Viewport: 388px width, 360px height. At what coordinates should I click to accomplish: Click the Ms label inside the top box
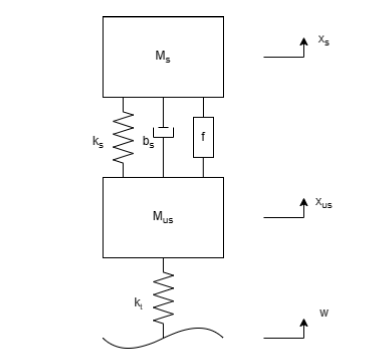(x=163, y=56)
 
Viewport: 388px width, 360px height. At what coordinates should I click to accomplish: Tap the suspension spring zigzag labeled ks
(x=123, y=136)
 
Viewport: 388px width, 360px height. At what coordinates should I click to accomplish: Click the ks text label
(x=98, y=142)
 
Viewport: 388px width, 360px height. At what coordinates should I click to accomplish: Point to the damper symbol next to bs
(x=163, y=131)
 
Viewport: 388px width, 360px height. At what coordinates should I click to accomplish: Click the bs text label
(x=147, y=142)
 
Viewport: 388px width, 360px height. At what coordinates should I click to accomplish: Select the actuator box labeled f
(x=204, y=137)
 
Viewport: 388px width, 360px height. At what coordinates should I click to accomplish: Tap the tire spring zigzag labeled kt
(x=163, y=297)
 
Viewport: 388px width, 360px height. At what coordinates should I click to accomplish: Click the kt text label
(x=138, y=303)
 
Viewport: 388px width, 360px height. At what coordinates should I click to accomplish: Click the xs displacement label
(x=324, y=40)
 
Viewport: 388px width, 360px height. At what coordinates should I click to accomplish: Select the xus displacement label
(x=324, y=202)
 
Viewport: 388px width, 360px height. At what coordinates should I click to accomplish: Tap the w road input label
(x=324, y=313)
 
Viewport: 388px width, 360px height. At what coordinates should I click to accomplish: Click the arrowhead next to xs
(x=304, y=41)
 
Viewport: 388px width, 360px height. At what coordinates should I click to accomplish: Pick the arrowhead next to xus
(x=304, y=201)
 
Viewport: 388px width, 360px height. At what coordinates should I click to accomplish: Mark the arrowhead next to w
(x=304, y=322)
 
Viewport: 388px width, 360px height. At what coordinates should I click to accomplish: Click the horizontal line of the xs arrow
(x=283, y=57)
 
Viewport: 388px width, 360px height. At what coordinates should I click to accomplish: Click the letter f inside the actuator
(x=204, y=137)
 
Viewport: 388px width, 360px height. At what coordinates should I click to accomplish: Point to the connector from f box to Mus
(x=204, y=167)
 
